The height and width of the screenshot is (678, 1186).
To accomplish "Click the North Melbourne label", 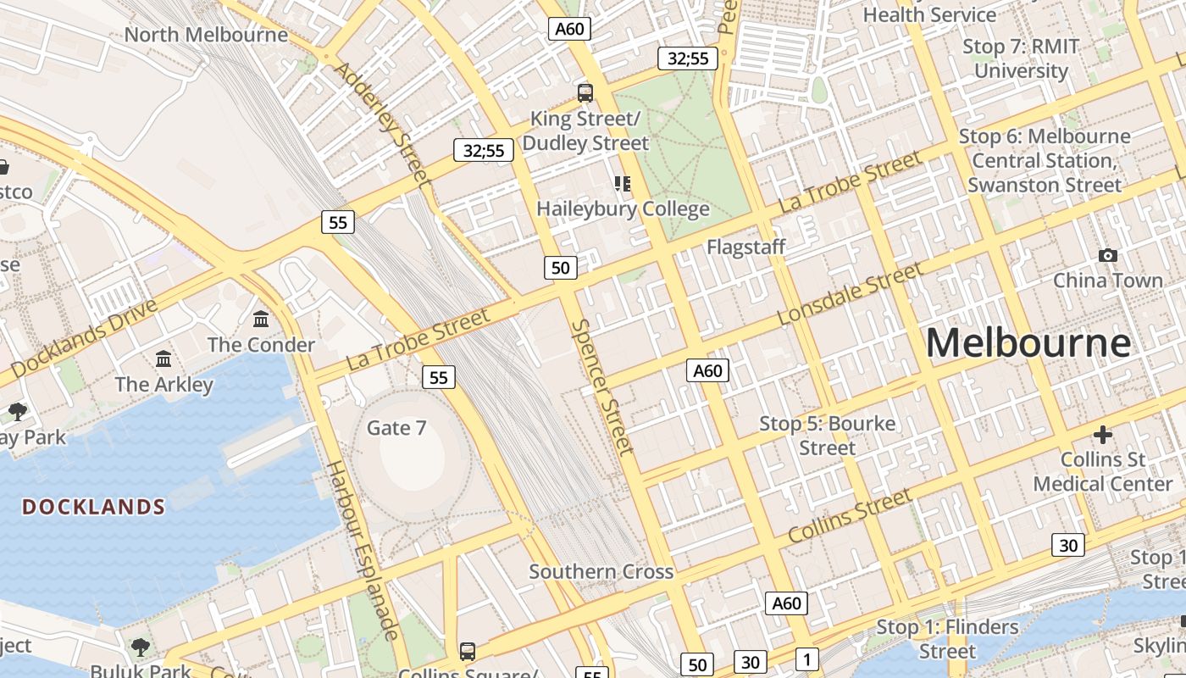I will pyautogui.click(x=206, y=35).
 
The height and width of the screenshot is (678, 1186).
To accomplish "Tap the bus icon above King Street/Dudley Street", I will pyautogui.click(x=585, y=93).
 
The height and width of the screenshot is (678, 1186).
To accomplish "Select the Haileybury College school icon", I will pyautogui.click(x=623, y=184).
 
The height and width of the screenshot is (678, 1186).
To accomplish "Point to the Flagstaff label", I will pyautogui.click(x=746, y=247).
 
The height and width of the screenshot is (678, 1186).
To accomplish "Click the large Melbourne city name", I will pyautogui.click(x=1028, y=343).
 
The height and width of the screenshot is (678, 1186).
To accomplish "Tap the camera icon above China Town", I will pyautogui.click(x=1107, y=255).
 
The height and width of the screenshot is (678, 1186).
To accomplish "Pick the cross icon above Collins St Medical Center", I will pyautogui.click(x=1102, y=436).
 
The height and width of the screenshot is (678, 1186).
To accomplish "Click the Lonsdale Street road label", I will pyautogui.click(x=849, y=294).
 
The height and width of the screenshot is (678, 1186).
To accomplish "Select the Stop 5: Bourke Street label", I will pyautogui.click(x=827, y=435).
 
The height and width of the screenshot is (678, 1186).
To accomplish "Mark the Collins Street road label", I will pyautogui.click(x=849, y=516).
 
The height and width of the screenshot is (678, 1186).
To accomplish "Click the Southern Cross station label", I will pyautogui.click(x=601, y=571).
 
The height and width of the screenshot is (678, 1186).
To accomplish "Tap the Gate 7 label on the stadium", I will pyautogui.click(x=396, y=428).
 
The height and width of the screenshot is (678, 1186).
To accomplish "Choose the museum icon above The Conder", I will pyautogui.click(x=261, y=320).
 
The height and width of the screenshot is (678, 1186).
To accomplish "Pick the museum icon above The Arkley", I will pyautogui.click(x=163, y=358).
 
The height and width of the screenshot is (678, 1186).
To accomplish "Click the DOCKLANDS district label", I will pyautogui.click(x=93, y=507).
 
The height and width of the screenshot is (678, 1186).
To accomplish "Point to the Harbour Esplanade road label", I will pyautogui.click(x=362, y=551).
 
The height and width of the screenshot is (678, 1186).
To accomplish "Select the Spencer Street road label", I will pyautogui.click(x=602, y=386).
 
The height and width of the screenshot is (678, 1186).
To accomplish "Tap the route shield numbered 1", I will pyautogui.click(x=807, y=659).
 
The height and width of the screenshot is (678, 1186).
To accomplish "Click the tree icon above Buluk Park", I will pyautogui.click(x=141, y=647).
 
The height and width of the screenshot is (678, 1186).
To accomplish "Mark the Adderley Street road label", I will pyautogui.click(x=382, y=124).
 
